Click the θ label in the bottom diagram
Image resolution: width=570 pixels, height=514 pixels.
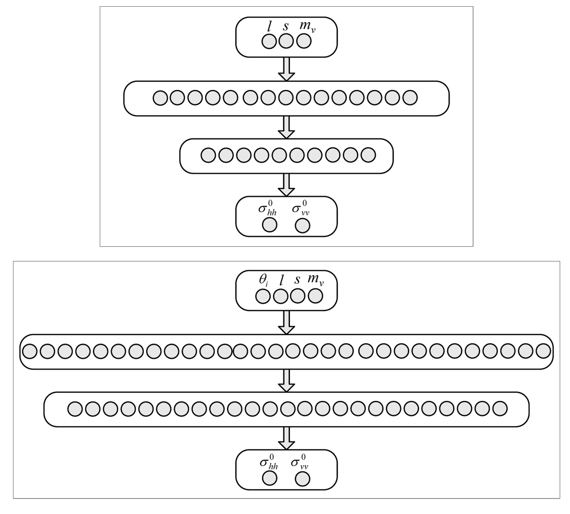pyautogui.click(x=263, y=281)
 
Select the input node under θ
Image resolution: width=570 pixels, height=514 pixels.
pyautogui.click(x=263, y=296)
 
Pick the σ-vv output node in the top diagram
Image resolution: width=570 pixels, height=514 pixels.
pyautogui.click(x=303, y=225)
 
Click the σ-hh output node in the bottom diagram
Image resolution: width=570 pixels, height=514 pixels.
pyautogui.click(x=270, y=479)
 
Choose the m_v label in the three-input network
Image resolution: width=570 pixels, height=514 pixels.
pyautogui.click(x=307, y=27)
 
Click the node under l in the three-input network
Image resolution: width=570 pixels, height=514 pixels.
pyautogui.click(x=269, y=42)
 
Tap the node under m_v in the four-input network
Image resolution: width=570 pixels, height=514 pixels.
pyautogui.click(x=315, y=296)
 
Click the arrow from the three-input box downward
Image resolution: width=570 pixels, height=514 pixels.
pyautogui.click(x=286, y=68)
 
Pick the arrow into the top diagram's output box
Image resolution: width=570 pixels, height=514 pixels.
pyautogui.click(x=286, y=185)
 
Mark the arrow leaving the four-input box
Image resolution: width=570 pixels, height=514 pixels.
pyautogui.click(x=286, y=322)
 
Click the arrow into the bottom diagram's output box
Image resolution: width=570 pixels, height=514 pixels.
pyautogui.click(x=286, y=438)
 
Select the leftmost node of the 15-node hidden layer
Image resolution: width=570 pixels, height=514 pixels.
pyautogui.click(x=160, y=98)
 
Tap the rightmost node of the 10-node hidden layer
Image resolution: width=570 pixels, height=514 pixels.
pyautogui.click(x=369, y=155)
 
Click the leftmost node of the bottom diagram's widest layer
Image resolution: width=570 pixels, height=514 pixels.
pyautogui.click(x=30, y=351)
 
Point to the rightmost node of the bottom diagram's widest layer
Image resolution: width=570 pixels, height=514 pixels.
pyautogui.click(x=543, y=351)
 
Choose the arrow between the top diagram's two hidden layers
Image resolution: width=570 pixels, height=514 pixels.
pyautogui.click(x=286, y=127)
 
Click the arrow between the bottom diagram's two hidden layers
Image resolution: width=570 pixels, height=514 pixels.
pyautogui.click(x=286, y=380)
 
